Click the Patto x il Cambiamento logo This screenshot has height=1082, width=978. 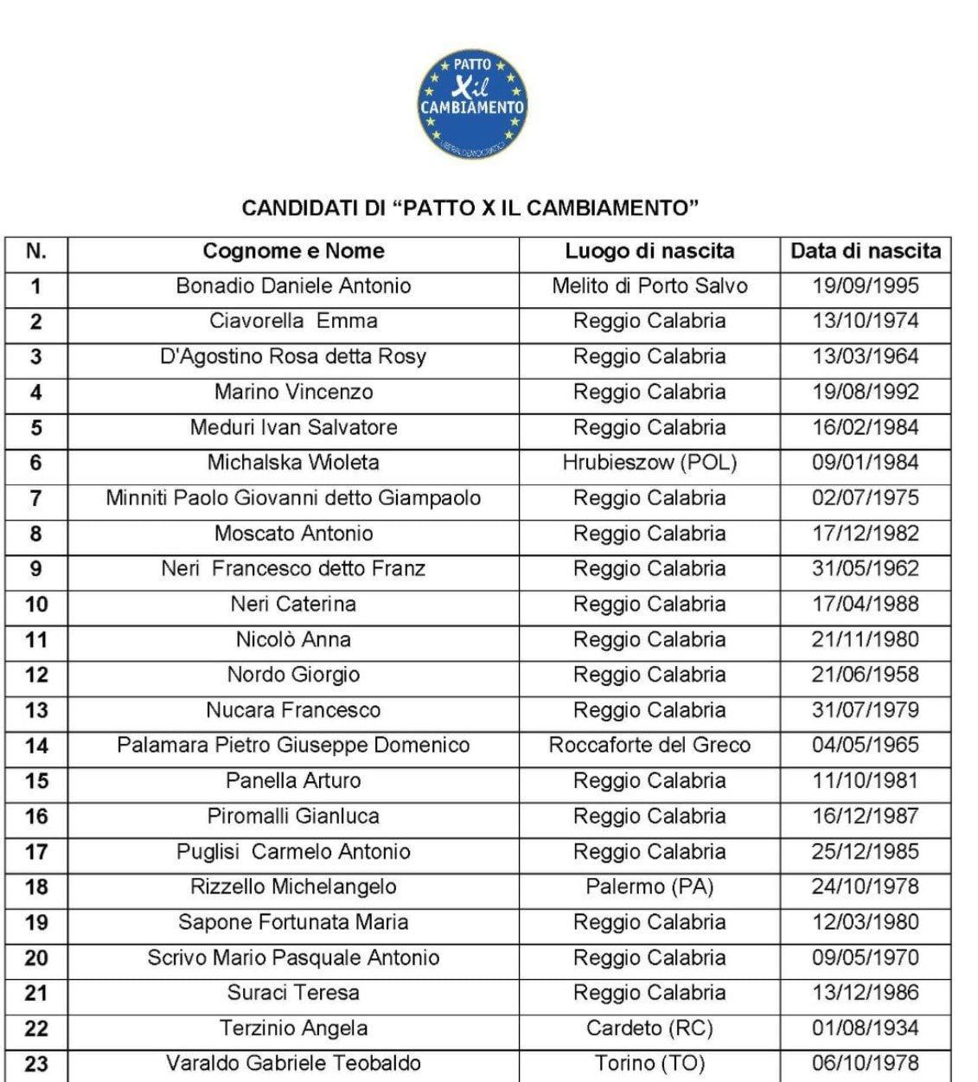(472, 105)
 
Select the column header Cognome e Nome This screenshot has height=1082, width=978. (293, 252)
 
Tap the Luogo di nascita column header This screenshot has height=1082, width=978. (649, 252)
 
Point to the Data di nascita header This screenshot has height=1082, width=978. (866, 252)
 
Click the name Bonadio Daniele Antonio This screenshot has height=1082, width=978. (293, 286)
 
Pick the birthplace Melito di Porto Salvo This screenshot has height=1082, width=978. (649, 286)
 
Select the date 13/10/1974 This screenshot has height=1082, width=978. (866, 322)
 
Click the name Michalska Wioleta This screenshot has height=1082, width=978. (293, 463)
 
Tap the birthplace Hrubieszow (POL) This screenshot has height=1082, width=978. (649, 463)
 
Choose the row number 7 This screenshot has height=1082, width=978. (35, 499)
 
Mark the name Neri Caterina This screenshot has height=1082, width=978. (293, 605)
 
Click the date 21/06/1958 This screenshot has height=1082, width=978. (866, 675)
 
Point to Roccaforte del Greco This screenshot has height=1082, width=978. (649, 746)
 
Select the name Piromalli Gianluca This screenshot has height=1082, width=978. (293, 816)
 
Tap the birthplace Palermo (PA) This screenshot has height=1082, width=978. (649, 887)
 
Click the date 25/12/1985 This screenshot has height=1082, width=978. (866, 852)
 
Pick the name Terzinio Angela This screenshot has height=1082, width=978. (293, 1029)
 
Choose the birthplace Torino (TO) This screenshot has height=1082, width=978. (649, 1064)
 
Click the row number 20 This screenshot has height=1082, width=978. (35, 958)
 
